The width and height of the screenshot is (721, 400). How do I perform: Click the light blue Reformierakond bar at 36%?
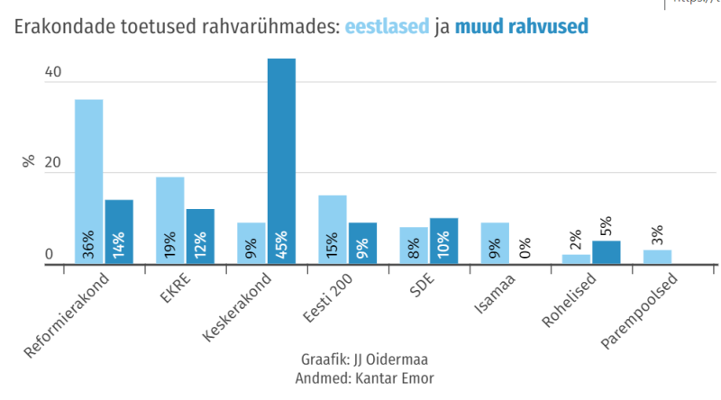coord(88,180)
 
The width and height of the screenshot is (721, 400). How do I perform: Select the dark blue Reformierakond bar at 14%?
coord(119,230)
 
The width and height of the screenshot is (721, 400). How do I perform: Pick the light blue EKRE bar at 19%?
coord(169,216)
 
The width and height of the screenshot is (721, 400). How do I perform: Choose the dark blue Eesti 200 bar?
coord(362,241)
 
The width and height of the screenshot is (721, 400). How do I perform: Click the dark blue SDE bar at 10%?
coord(443,239)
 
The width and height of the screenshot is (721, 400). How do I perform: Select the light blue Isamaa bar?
coord(495,241)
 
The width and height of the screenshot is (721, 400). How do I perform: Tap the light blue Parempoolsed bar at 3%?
coord(657,257)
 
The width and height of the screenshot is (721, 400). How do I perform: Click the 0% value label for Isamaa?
coord(525,247)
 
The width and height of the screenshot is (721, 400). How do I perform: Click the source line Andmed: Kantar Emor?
coord(363,378)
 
